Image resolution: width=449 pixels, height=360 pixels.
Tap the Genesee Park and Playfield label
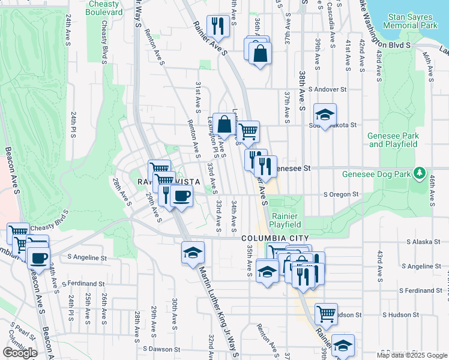coord(393,140)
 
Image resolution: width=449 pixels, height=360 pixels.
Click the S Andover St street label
coord(328,89)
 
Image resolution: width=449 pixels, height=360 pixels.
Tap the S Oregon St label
coord(340,194)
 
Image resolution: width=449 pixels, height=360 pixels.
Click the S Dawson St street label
coord(161,349)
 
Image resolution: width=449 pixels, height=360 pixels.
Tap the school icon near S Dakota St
coord(325,115)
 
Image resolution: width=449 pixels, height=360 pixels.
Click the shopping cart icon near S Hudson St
coord(326,313)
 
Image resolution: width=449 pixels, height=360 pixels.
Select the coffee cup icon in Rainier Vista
coord(181,195)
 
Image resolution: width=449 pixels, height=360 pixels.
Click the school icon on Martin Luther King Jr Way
coord(193,252)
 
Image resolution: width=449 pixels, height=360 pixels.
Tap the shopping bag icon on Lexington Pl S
coord(224,125)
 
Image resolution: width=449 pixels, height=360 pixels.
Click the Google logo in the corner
coord(20,353)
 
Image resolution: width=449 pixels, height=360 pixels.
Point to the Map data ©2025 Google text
coord(412,355)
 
